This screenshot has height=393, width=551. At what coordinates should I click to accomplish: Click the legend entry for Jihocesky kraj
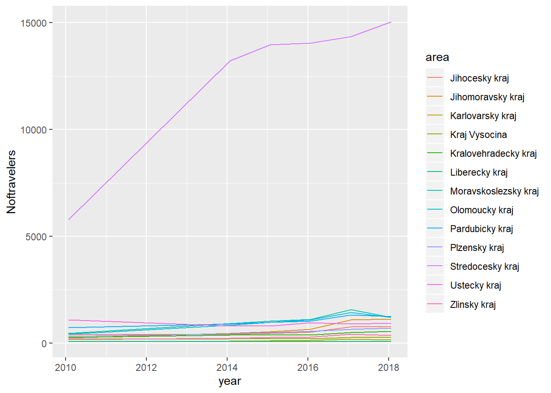(x=479, y=78)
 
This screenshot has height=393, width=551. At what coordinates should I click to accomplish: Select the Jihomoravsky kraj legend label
(x=487, y=97)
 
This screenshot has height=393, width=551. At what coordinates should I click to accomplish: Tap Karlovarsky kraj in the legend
(x=483, y=116)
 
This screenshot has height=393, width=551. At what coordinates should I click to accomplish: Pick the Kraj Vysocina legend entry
(x=478, y=135)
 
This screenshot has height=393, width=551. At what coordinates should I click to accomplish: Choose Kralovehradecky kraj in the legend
(x=493, y=154)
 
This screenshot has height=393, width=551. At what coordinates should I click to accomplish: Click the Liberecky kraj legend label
(x=479, y=172)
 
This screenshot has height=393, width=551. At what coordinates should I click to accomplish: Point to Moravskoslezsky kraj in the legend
(x=494, y=191)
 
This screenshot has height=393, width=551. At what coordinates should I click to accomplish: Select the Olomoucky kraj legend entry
(x=482, y=210)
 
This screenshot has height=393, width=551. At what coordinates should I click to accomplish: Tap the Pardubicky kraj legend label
(x=481, y=229)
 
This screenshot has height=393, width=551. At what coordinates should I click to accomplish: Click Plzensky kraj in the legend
(x=477, y=248)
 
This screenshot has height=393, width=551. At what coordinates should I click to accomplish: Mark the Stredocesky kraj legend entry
(x=485, y=267)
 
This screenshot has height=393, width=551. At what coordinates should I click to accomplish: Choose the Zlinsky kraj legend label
(x=473, y=305)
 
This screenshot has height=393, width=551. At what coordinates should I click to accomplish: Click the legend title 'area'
(x=437, y=57)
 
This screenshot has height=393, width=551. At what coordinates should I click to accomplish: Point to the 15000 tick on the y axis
(x=34, y=23)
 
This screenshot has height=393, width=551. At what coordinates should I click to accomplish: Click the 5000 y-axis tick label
(x=36, y=237)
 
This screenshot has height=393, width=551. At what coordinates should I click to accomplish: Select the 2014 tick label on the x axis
(x=227, y=368)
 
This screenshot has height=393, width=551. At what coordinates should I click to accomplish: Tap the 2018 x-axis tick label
(x=388, y=368)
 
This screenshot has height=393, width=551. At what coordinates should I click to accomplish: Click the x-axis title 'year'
(x=230, y=382)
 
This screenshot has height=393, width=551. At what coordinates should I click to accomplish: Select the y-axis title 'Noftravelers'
(x=11, y=182)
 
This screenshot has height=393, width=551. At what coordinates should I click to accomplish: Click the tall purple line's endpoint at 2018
(x=391, y=23)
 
